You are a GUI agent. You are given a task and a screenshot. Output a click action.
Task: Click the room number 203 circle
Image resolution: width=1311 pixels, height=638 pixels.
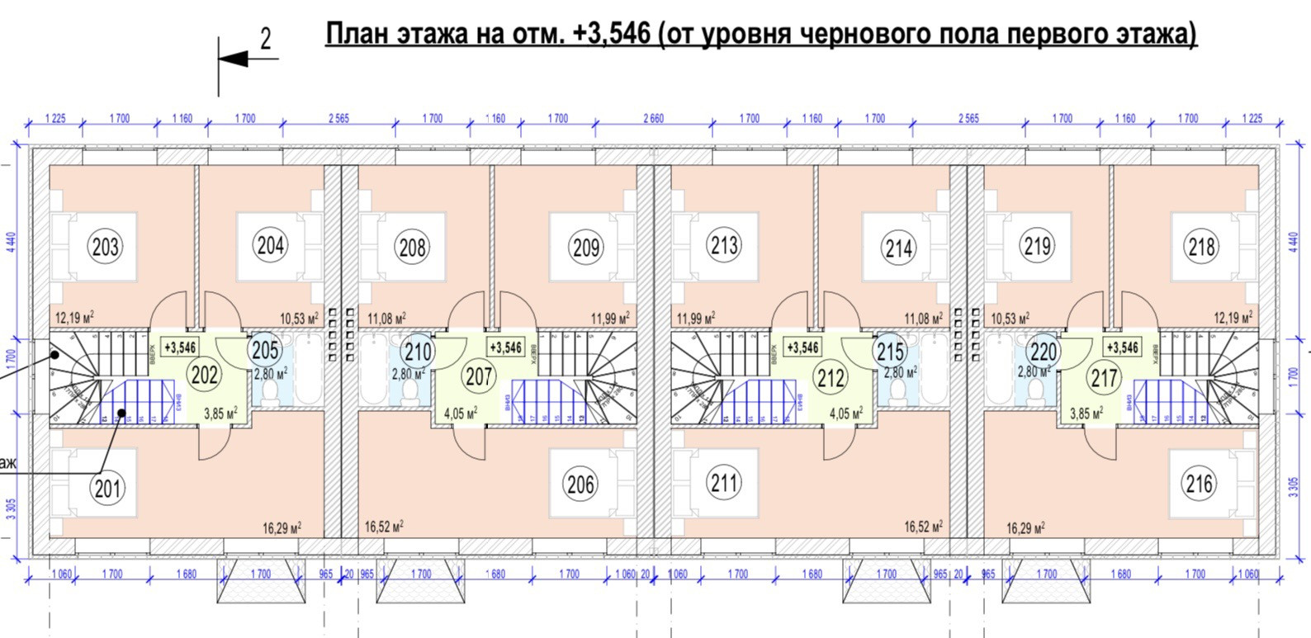[106, 246]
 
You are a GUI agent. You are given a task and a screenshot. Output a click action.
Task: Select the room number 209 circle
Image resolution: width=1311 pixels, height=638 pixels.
[585, 247]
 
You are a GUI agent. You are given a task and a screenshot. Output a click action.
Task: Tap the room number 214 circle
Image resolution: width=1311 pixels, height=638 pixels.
[898, 247]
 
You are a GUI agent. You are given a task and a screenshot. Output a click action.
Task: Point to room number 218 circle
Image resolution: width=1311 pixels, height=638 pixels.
[1201, 246]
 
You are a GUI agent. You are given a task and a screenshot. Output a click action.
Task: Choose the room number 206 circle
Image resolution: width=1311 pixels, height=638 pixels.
[581, 484]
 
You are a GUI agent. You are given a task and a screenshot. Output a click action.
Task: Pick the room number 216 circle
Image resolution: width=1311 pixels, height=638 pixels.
[1199, 483]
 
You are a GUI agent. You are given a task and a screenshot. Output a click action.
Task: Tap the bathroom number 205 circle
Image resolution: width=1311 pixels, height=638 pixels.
[265, 350]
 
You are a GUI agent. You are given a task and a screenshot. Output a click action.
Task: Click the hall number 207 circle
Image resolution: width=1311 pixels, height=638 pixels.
[479, 376]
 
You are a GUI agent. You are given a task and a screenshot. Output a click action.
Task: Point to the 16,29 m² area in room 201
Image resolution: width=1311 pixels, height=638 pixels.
[282, 528]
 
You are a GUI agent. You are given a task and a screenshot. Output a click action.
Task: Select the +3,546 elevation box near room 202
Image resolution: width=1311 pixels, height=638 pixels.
[180, 348]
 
